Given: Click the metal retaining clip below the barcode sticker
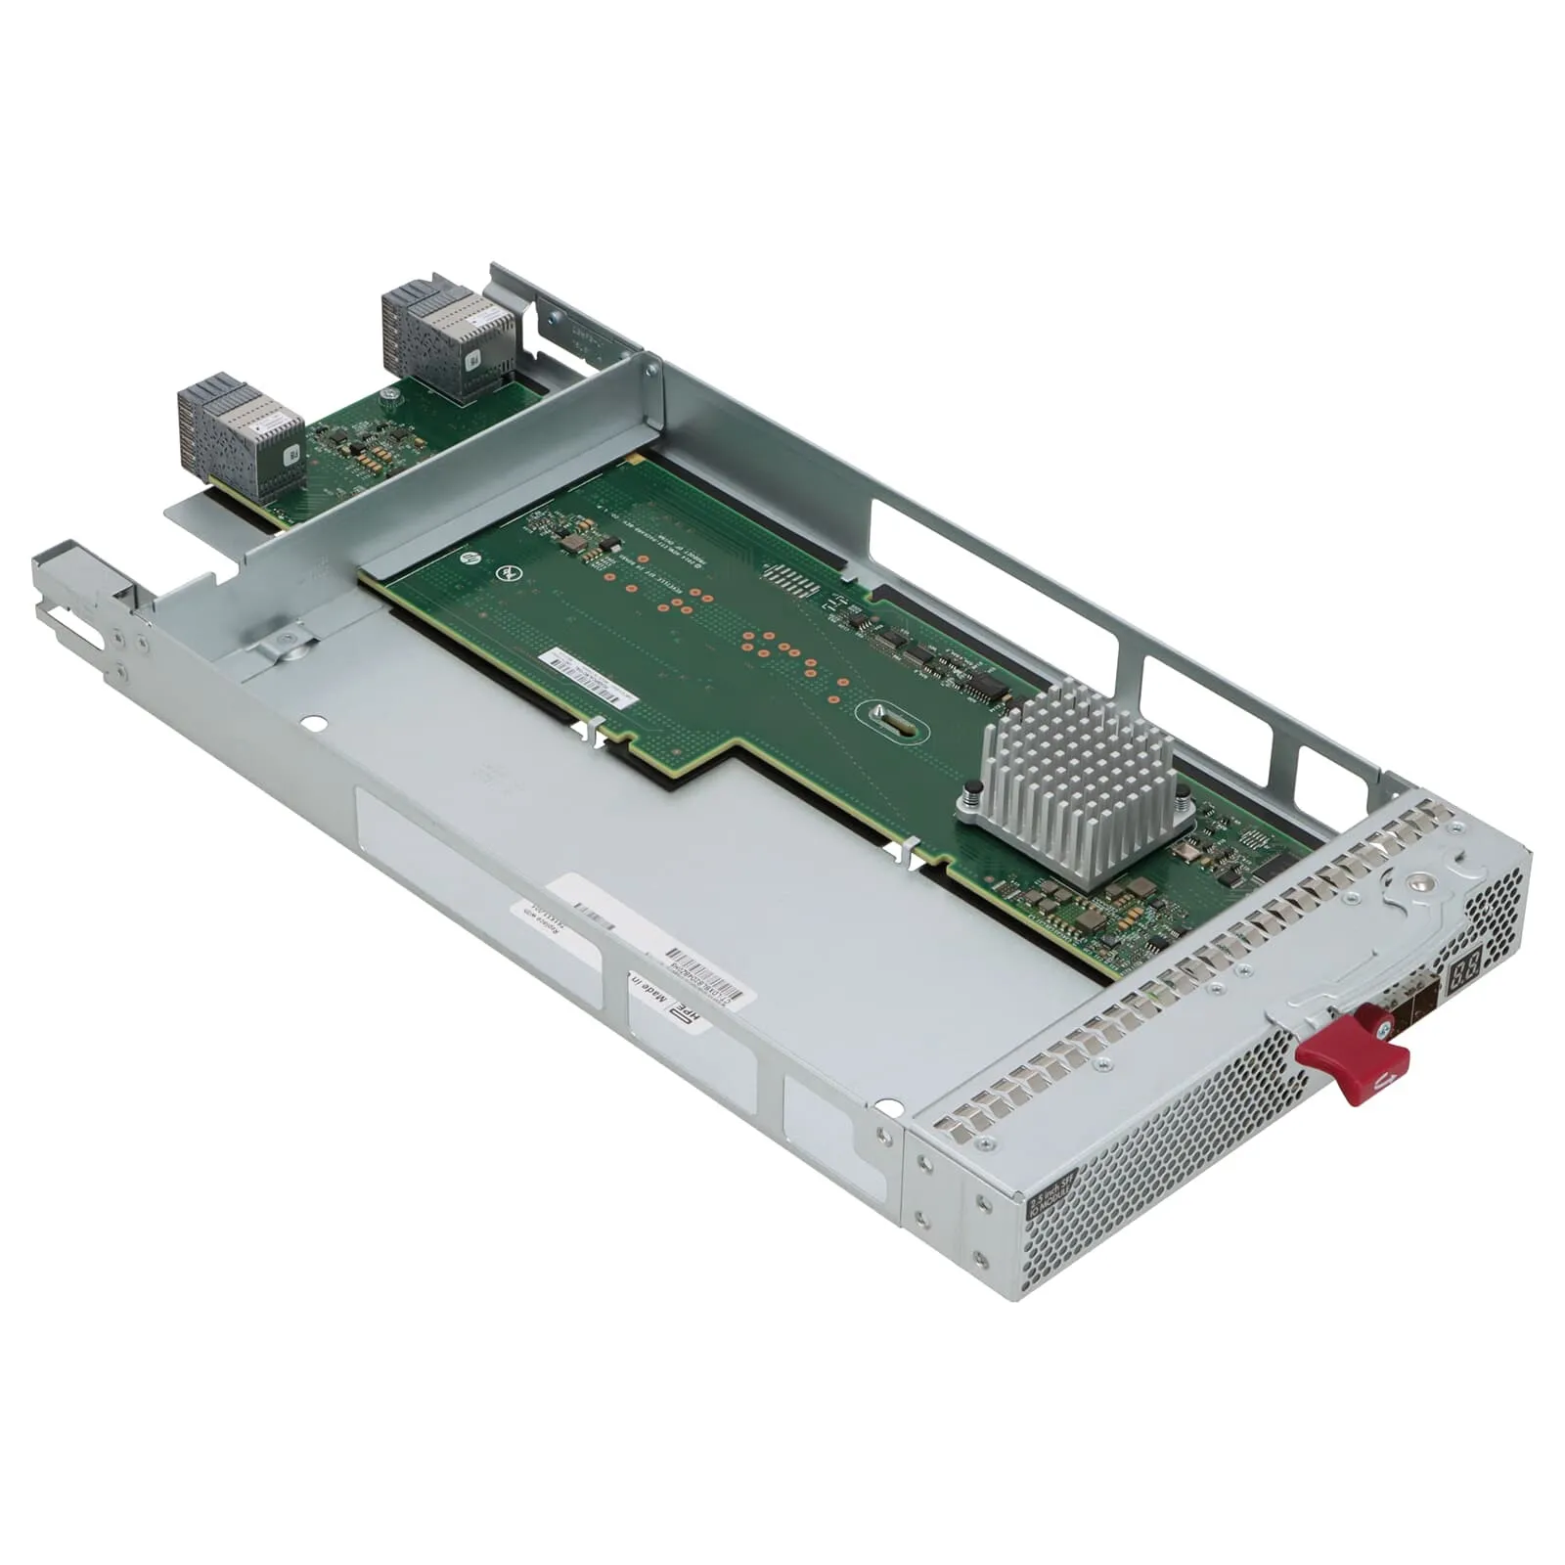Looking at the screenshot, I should tap(594, 734).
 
